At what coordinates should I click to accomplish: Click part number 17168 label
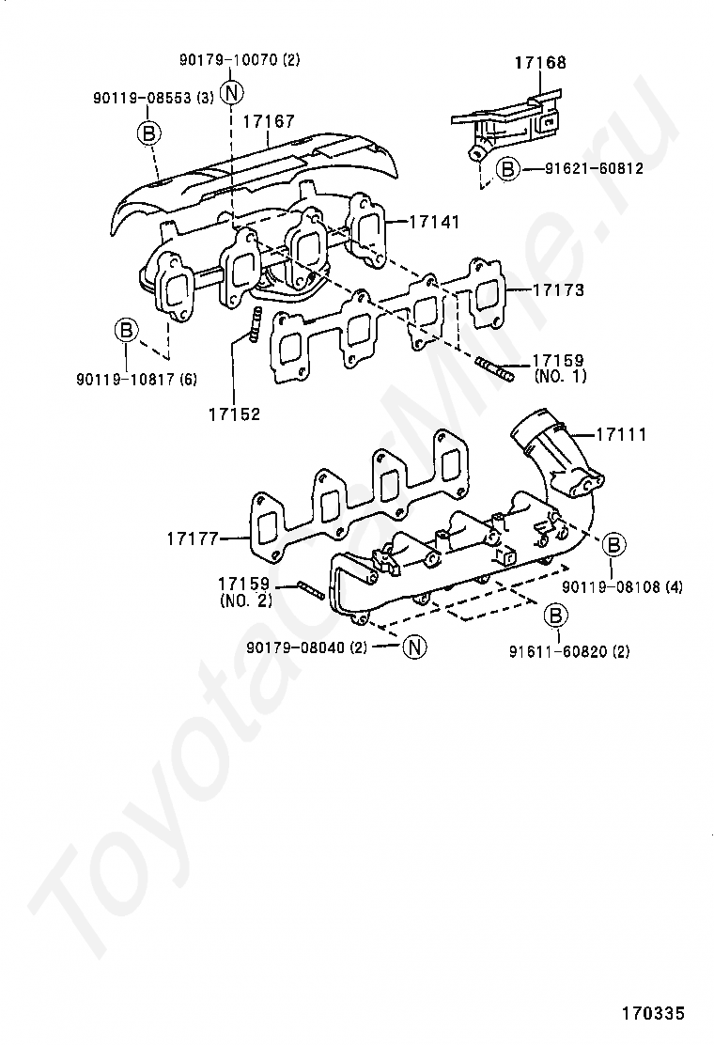pyautogui.click(x=540, y=63)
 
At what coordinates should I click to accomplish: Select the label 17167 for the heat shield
pyautogui.click(x=269, y=121)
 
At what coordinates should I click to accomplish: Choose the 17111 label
pyautogui.click(x=621, y=435)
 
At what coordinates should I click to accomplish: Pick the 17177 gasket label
pyautogui.click(x=193, y=538)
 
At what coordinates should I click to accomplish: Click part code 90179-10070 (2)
pyautogui.click(x=240, y=60)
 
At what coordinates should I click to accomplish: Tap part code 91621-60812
pyautogui.click(x=596, y=169)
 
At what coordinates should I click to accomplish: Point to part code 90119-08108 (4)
pyautogui.click(x=623, y=586)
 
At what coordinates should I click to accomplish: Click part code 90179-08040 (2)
pyautogui.click(x=307, y=647)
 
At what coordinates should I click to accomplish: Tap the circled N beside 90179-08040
pyautogui.click(x=414, y=646)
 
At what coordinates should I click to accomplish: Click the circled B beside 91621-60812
pyautogui.click(x=506, y=169)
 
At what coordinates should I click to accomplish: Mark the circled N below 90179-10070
pyautogui.click(x=232, y=91)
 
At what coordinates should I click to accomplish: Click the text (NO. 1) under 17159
pyautogui.click(x=560, y=376)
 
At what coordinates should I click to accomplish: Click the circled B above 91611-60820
pyautogui.click(x=556, y=616)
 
